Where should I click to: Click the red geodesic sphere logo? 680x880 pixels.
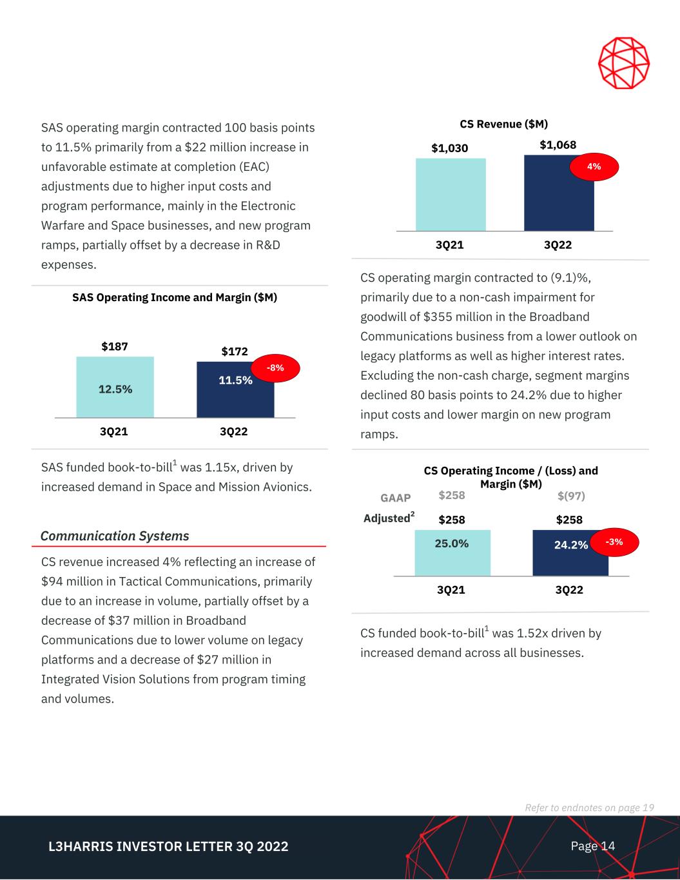[x=624, y=63]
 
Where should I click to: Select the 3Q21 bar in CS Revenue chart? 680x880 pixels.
[x=451, y=195]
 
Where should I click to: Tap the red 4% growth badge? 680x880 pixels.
[x=594, y=166]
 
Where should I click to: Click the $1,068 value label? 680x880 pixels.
[x=558, y=144]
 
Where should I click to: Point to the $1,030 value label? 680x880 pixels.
[x=450, y=148]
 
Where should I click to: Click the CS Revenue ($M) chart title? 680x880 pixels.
[x=503, y=124]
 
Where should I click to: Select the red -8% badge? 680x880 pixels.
[x=275, y=368]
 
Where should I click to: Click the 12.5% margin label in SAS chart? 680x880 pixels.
[x=115, y=389]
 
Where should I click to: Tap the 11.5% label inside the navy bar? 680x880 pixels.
[x=235, y=380]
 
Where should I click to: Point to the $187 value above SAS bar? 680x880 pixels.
[x=115, y=347]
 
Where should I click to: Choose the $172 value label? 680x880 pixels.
[x=235, y=351]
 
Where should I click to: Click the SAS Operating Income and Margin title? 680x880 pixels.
[x=175, y=298]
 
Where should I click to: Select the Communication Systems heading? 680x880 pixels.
[x=115, y=536]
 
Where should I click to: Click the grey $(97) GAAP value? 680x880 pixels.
[x=571, y=496]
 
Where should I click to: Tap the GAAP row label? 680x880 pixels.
[x=396, y=498]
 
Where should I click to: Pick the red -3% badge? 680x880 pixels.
[x=614, y=542]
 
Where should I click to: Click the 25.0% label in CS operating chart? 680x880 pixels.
[x=452, y=543]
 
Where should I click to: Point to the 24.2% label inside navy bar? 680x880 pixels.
[x=570, y=545]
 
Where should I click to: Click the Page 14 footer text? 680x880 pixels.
[x=592, y=846]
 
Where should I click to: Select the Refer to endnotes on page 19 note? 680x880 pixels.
[x=589, y=808]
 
